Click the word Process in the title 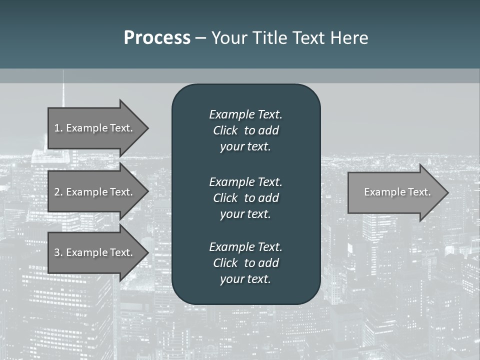coord(157,38)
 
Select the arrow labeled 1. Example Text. coord(95,128)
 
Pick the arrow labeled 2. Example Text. coord(95,192)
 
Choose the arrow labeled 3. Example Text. coord(95,252)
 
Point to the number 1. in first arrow coord(58,128)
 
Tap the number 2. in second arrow coord(58,192)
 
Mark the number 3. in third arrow coord(58,252)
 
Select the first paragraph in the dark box coord(245,130)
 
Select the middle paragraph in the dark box coord(245,197)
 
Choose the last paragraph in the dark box coord(245,263)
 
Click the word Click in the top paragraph coord(225,130)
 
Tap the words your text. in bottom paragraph coord(245,279)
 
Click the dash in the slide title coord(200,38)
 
